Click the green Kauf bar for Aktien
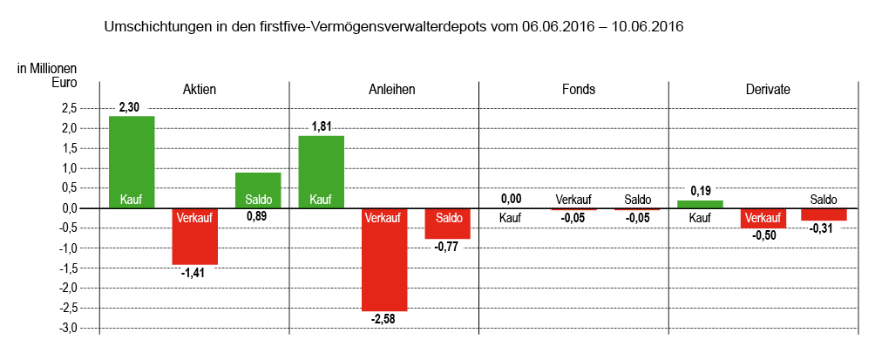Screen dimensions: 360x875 pos(132,162)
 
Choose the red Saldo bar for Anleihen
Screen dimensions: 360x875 pos(447,224)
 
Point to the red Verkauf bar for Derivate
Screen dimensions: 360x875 pos(763,219)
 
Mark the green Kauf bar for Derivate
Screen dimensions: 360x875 pos(700,204)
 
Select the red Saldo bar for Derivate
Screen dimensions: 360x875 pos(824,214)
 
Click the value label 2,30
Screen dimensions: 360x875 pos(129,107)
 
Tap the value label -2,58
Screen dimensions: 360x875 pos(383,321)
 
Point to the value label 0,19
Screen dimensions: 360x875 pos(701,190)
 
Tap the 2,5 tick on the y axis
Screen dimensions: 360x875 pos(66,108)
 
